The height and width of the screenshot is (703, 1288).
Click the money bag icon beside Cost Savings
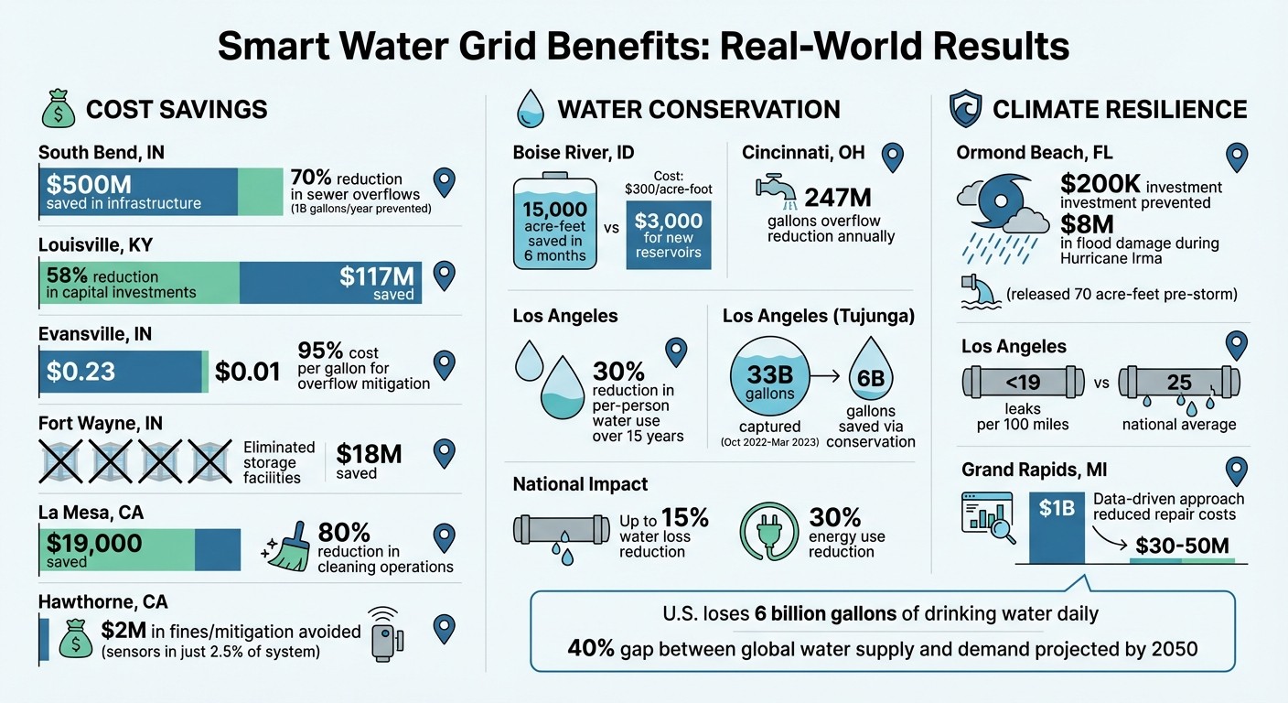(x=58, y=108)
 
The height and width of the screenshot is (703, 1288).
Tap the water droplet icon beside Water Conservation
(x=531, y=108)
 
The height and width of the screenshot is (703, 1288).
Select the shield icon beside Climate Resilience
(x=967, y=109)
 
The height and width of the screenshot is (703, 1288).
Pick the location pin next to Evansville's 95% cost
(x=445, y=363)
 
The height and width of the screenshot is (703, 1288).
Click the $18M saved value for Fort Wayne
(x=369, y=454)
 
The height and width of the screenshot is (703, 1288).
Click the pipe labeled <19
(x=1023, y=382)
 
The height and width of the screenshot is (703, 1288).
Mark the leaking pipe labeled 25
(x=1178, y=382)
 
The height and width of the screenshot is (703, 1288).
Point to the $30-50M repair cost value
(x=1182, y=546)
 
